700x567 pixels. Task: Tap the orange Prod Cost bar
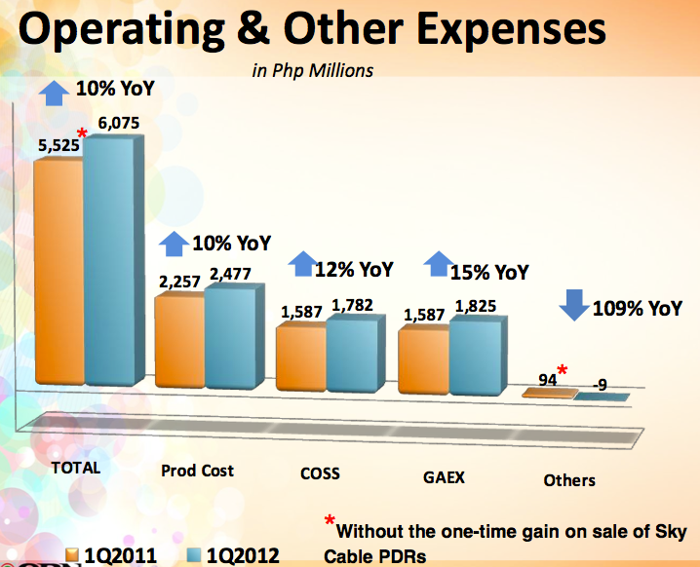(179, 341)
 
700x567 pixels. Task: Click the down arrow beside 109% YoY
(572, 305)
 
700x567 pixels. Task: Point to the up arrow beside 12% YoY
(303, 265)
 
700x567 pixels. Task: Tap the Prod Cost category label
(197, 471)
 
